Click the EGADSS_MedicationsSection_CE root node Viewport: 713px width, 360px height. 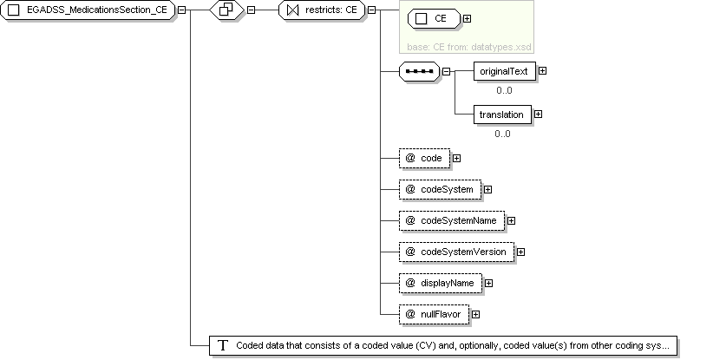pos(88,10)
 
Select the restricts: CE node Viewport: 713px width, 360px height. pos(322,10)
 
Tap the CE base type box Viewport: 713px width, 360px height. pos(435,18)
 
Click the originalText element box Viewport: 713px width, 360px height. pos(505,71)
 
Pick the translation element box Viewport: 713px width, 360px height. pos(502,115)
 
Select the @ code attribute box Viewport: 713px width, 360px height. pos(425,158)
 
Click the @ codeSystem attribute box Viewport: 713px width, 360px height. pos(440,190)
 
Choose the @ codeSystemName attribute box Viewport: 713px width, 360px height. pos(452,221)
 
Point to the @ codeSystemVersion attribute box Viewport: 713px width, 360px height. pos(457,252)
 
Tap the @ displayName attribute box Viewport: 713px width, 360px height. pos(441,283)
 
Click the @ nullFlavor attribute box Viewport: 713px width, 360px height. pos(435,315)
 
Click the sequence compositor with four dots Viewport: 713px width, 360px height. pos(419,71)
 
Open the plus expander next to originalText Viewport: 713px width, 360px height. pos(542,71)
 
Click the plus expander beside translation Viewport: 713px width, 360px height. pos(538,115)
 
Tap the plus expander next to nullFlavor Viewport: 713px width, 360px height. pos(475,314)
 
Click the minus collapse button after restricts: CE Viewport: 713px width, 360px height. pos(372,10)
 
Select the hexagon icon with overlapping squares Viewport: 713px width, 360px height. pos(227,10)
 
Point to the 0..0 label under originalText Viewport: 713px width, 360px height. pos(504,90)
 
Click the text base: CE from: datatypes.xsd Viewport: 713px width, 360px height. pos(468,47)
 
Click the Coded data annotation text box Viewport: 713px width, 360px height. pos(443,346)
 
